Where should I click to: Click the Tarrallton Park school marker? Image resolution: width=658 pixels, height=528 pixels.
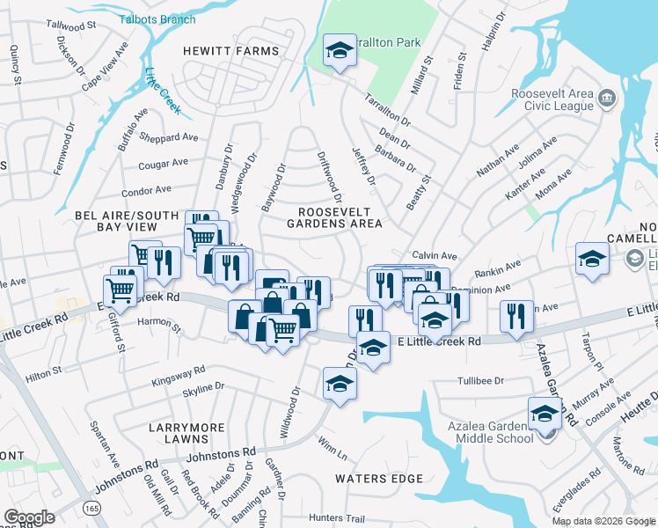pos(338,51)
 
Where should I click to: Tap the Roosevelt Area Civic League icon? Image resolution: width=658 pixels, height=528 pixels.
pos(606,97)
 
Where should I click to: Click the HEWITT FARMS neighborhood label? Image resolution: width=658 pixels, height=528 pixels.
pos(230,51)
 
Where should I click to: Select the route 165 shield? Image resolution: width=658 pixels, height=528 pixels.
pos(91,509)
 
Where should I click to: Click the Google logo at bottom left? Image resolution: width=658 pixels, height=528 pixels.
pos(29,517)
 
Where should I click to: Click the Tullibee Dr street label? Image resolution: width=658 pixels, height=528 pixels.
pos(479,381)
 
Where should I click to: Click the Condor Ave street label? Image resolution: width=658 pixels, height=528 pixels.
pos(146,190)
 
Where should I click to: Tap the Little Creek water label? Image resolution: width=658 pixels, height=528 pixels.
pos(162,91)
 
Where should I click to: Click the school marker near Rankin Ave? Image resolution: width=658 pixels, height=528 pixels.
pos(592,259)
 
